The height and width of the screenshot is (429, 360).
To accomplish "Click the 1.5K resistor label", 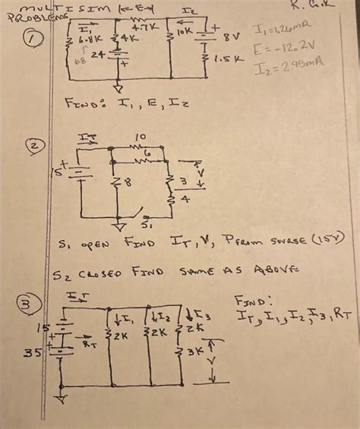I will (225, 57).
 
